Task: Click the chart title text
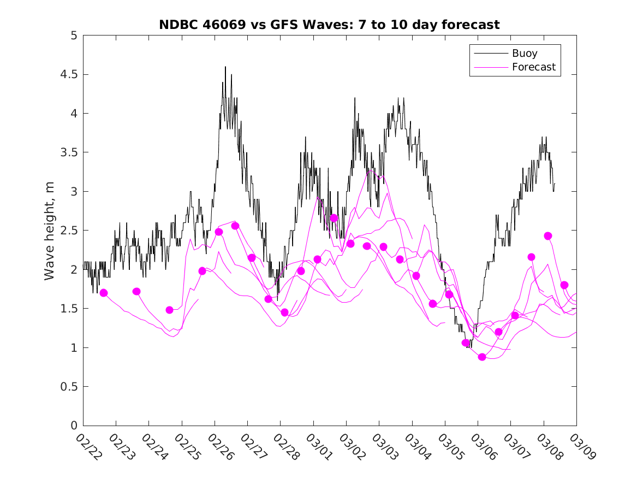(329, 25)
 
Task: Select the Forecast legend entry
(533, 67)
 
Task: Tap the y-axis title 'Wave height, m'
(50, 230)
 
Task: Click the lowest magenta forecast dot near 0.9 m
(482, 357)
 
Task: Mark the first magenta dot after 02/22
(104, 293)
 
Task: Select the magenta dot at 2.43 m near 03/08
(548, 236)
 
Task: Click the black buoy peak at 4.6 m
(225, 67)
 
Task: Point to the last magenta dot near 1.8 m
(564, 285)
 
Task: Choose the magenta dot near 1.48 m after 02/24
(169, 310)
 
